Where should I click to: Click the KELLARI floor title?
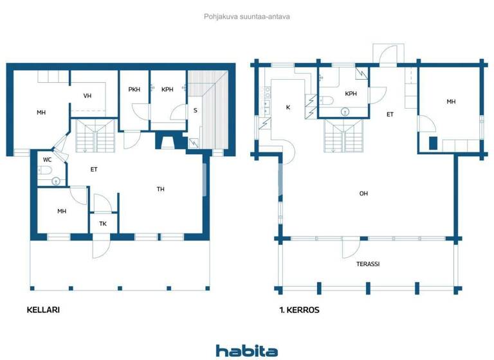pyautogui.click(x=43, y=310)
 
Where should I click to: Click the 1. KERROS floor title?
pyautogui.click(x=299, y=310)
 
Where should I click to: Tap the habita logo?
pyautogui.click(x=246, y=350)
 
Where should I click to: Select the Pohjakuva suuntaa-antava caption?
pyautogui.click(x=246, y=17)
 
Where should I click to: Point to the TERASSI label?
pyautogui.click(x=368, y=264)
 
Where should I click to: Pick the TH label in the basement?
pyautogui.click(x=161, y=189)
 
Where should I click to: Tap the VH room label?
pyautogui.click(x=87, y=96)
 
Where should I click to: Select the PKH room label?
pyautogui.click(x=134, y=89)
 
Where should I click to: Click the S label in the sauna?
pyautogui.click(x=195, y=110)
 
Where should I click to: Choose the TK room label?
pyautogui.click(x=103, y=224)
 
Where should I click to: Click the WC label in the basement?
pyautogui.click(x=47, y=159)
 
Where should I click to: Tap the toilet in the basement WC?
pyautogui.click(x=44, y=170)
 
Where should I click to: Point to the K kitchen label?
pyautogui.click(x=288, y=107)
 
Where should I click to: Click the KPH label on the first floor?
pyautogui.click(x=351, y=94)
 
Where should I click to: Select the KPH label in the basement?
pyautogui.click(x=167, y=89)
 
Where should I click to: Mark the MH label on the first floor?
pyautogui.click(x=451, y=102)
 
